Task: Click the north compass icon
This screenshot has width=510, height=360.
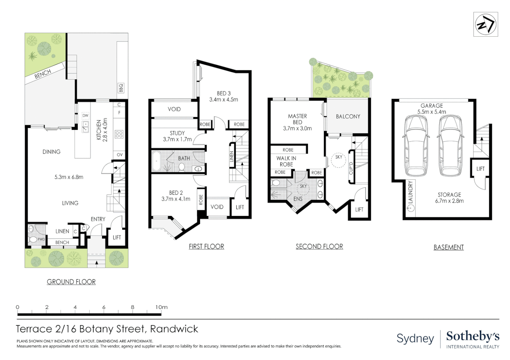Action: coord(485,24)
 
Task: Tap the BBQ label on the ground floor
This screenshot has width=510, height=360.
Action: coord(121,88)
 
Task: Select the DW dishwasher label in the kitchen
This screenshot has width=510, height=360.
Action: coord(85,116)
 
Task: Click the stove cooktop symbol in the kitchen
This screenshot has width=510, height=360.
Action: coord(119,134)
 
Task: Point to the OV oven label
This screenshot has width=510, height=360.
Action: coord(119,155)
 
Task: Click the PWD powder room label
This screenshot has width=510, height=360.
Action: coord(41,239)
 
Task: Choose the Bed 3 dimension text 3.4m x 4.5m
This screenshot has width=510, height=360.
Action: coord(223,100)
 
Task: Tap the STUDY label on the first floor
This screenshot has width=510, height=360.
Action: coord(177,133)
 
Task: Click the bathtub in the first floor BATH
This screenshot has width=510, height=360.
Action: coord(156,162)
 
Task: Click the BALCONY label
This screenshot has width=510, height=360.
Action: coord(348,116)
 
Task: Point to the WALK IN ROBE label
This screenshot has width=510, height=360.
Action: coord(286,161)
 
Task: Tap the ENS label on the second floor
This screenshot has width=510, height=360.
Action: coord(298,199)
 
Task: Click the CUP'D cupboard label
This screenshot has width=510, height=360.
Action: coord(351,168)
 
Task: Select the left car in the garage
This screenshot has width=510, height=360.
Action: coord(416,145)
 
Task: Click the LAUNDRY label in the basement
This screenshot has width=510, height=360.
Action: coord(411,192)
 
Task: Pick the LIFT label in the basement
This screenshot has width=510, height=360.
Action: coord(480,169)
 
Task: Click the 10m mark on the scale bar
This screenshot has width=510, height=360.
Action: coord(161,307)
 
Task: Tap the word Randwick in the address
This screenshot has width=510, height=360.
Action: coord(174,329)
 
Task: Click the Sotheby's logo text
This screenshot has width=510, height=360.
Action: coord(473,336)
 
